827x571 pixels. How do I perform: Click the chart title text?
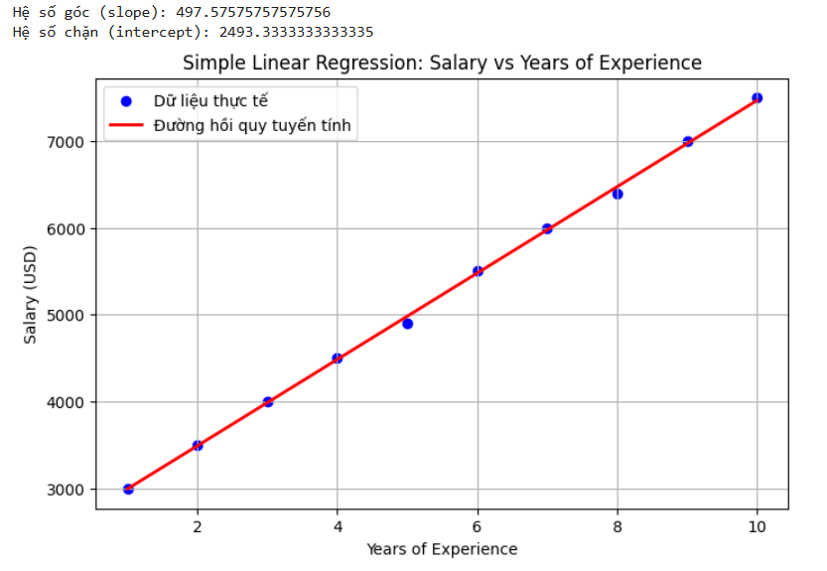coord(442,64)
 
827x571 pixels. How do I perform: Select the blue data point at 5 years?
coord(407,324)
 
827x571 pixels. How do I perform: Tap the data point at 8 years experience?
coord(618,194)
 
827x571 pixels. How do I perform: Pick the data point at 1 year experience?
coord(128,489)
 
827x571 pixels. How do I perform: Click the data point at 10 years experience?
coord(757,98)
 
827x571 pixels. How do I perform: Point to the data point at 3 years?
coord(268,402)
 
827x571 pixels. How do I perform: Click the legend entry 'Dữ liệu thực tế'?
coord(210,101)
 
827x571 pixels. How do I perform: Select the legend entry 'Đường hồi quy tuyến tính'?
coord(252,126)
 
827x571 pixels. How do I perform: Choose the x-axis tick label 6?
coord(478,527)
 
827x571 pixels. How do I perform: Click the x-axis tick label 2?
coord(198,527)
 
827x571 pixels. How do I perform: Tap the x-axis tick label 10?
coord(757,527)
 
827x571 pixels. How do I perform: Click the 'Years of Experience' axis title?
coord(442,549)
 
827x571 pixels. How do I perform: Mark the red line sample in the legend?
coord(126,126)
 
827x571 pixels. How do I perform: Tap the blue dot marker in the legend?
coord(126,101)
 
